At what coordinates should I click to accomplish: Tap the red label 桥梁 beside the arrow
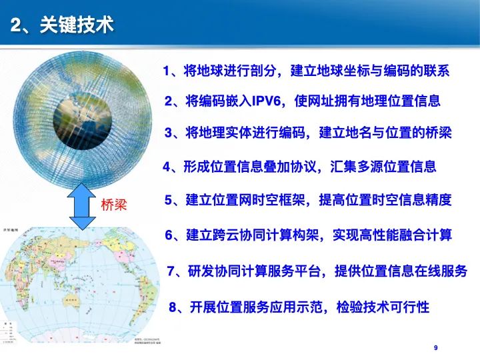113,205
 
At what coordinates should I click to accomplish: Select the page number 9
435,348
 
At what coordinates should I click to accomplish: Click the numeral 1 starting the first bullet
167,71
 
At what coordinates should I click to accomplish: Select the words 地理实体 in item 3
223,133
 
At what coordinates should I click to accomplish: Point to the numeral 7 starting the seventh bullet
171,271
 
